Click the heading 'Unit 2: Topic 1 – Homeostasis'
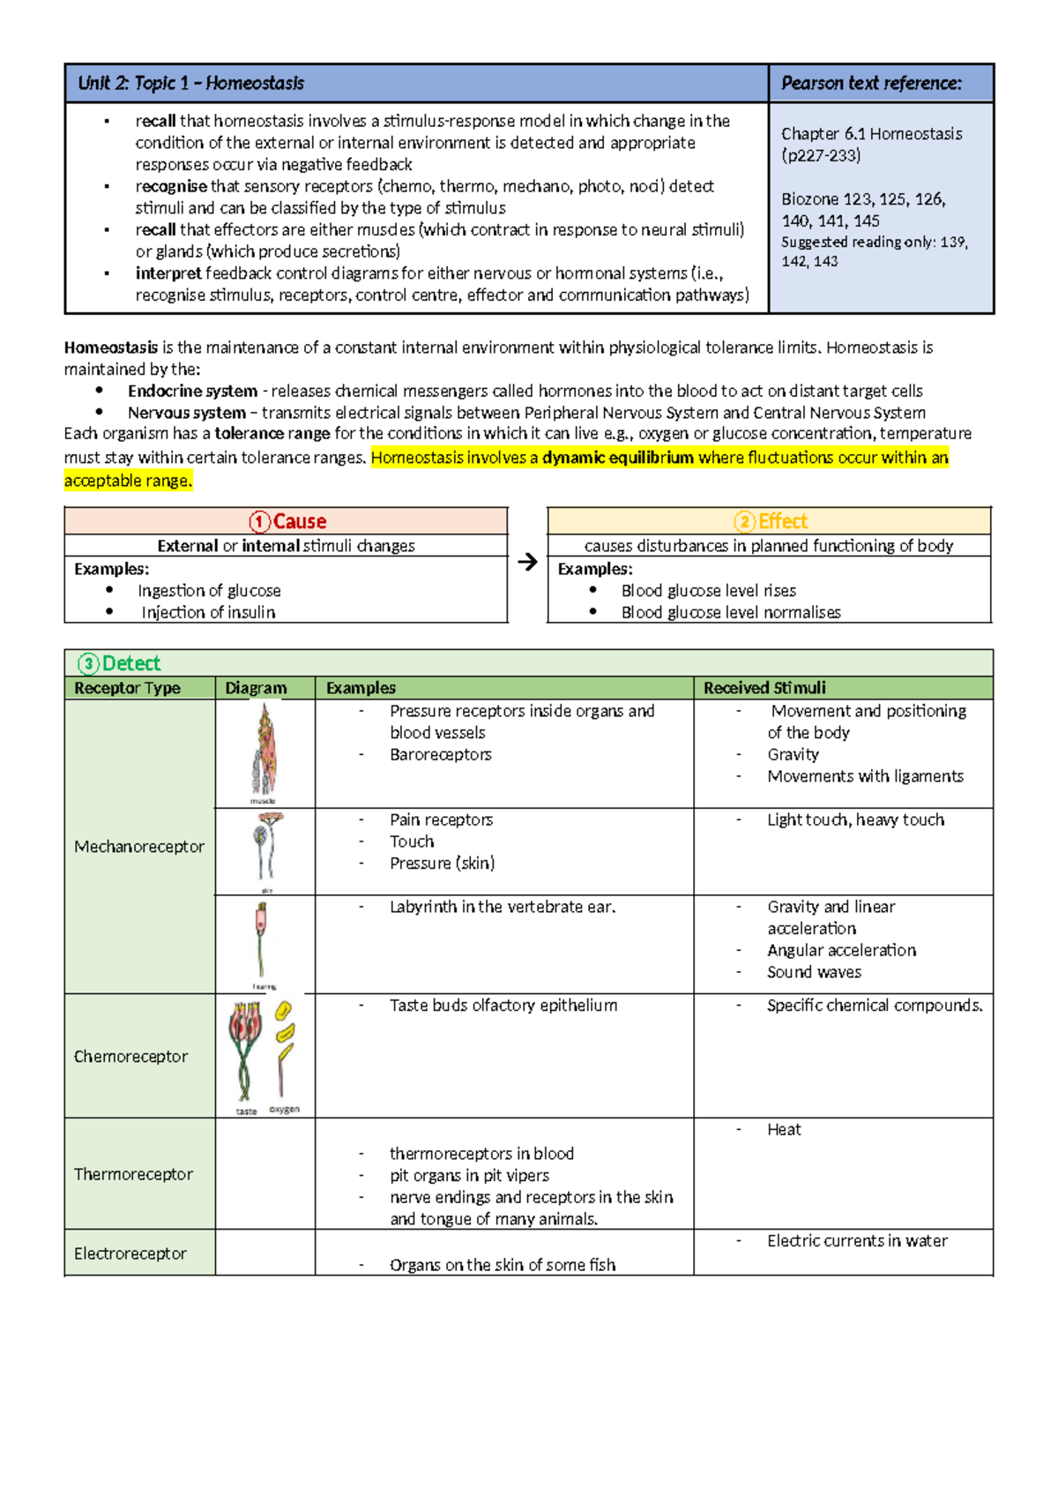tap(191, 84)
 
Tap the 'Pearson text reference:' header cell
tap(871, 84)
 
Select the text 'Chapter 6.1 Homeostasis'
tap(871, 134)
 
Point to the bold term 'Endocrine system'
tap(192, 391)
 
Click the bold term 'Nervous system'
tap(187, 413)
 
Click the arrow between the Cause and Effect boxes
tap(527, 562)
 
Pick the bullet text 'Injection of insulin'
tap(208, 612)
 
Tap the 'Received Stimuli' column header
tap(764, 688)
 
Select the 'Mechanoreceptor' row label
tap(139, 847)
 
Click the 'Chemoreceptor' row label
tap(130, 1057)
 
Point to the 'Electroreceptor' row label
tap(130, 1253)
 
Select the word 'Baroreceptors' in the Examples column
tap(440, 755)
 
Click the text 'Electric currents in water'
tap(857, 1241)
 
